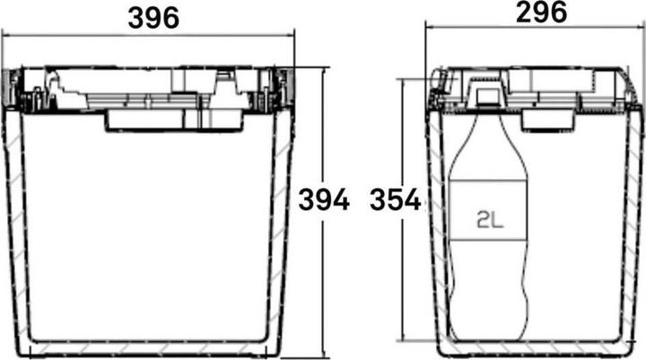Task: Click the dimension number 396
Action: (152, 15)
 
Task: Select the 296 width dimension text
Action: (541, 13)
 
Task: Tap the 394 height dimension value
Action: (324, 201)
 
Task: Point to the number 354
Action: (395, 201)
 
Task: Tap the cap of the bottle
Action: (485, 93)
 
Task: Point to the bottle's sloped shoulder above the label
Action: (484, 144)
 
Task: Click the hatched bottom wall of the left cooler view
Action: (153, 347)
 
